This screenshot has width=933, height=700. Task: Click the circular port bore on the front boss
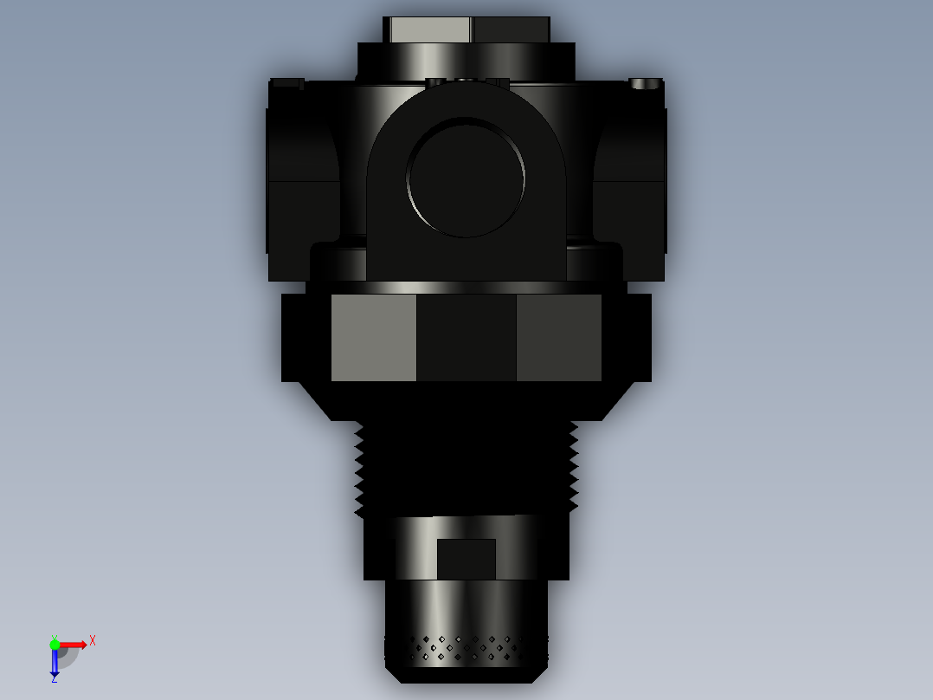(466, 178)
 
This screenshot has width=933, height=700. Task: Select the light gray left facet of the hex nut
(373, 338)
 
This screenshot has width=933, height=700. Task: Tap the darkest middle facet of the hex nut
(466, 338)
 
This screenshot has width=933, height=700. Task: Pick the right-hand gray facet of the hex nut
(558, 338)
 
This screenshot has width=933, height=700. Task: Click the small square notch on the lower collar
(466, 559)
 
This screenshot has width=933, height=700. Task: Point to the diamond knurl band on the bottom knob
(467, 649)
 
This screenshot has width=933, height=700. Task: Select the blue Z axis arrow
(55, 663)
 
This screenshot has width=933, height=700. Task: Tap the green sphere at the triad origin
(55, 644)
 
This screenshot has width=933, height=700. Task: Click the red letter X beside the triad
(93, 640)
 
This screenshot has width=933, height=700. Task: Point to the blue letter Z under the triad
(54, 678)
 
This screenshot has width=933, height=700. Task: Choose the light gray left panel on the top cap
(429, 30)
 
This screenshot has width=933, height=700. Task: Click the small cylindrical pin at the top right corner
(645, 84)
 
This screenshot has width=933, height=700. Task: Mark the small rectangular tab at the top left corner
(286, 84)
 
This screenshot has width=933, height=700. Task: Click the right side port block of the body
(630, 182)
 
